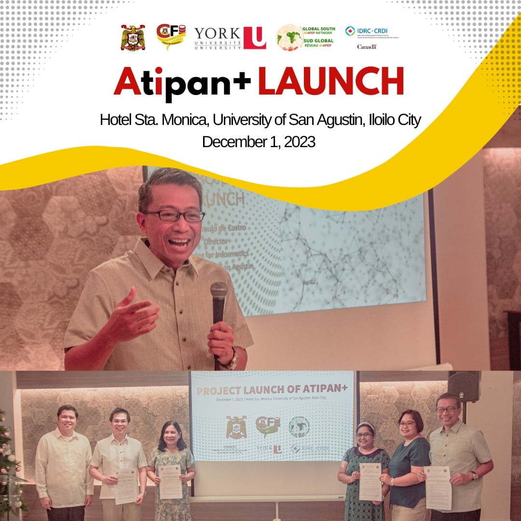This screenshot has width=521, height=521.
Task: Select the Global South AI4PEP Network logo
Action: [x=305, y=38]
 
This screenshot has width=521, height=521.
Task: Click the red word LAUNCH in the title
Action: [x=330, y=82]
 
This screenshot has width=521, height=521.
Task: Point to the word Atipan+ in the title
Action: [x=182, y=82]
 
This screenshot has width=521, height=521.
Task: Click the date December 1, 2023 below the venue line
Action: [x=259, y=142]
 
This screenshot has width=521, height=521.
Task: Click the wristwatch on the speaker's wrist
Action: [x=234, y=359]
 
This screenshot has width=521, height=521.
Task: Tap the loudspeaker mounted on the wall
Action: [x=464, y=386]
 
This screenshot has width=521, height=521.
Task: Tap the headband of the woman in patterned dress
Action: [x=365, y=425]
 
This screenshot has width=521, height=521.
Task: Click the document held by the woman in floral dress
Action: [x=170, y=481]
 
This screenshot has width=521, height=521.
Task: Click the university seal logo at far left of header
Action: [x=133, y=38]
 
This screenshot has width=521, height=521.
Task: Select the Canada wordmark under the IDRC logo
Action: [x=367, y=46]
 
